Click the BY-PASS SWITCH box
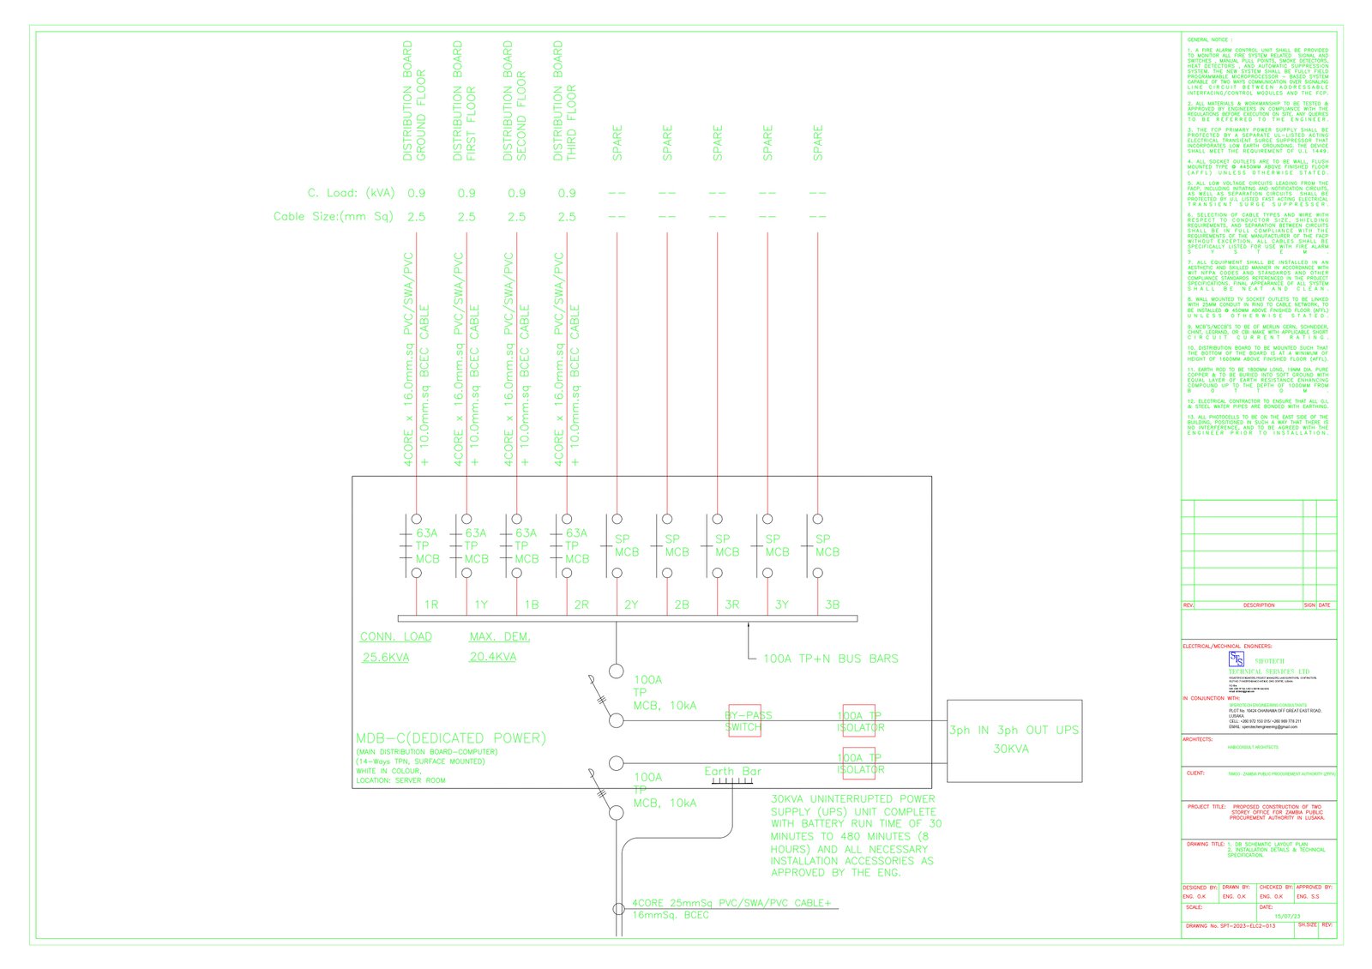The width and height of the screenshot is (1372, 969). (x=743, y=720)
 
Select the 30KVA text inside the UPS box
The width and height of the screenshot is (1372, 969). (x=1011, y=749)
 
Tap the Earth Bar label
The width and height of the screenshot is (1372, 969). (x=732, y=771)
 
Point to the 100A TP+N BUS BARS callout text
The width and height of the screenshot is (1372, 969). (x=830, y=659)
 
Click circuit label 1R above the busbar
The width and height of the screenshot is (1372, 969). (x=431, y=605)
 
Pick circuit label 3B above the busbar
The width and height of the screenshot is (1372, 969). (x=832, y=605)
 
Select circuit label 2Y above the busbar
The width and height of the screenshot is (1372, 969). (x=631, y=605)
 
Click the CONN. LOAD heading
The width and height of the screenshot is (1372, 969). (x=396, y=636)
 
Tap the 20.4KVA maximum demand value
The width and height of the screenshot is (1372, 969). (x=492, y=657)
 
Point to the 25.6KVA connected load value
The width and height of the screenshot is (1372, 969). (x=386, y=658)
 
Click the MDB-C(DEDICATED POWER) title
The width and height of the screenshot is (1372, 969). (x=450, y=737)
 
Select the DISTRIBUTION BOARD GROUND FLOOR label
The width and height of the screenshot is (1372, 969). (x=414, y=101)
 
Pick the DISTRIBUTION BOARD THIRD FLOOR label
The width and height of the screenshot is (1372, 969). (x=564, y=101)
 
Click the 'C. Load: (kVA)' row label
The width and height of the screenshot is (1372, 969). (x=351, y=193)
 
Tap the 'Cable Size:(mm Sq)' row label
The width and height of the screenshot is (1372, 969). (x=333, y=216)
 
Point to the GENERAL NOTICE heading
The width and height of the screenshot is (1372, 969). (x=1209, y=39)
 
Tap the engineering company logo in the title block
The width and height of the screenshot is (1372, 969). (x=1237, y=659)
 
